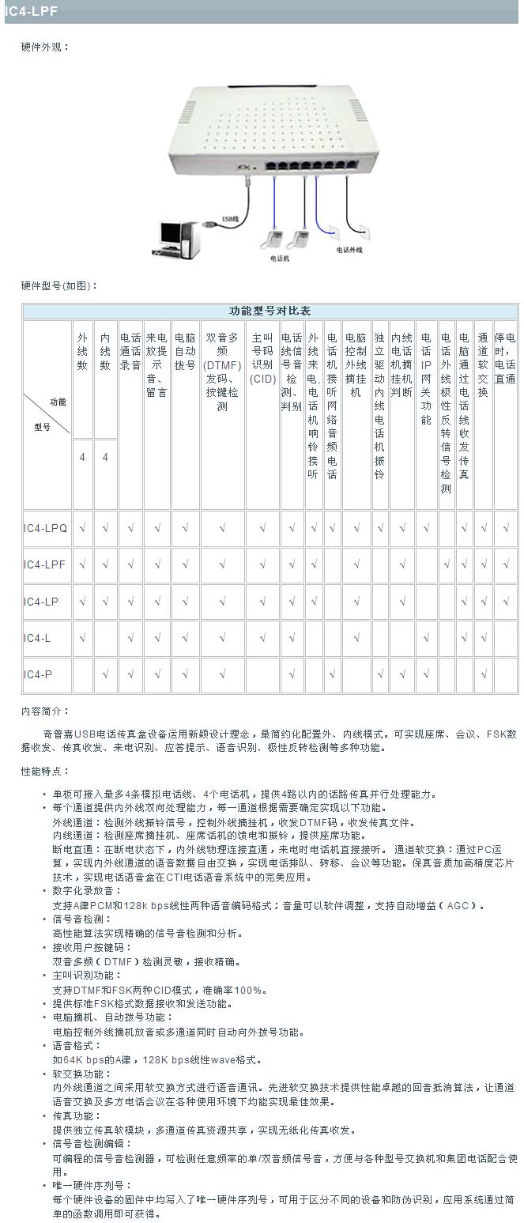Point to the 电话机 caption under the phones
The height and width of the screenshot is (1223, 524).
click(x=280, y=258)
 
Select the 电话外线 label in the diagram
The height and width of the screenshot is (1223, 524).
click(x=349, y=249)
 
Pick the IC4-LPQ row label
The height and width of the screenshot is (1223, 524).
click(x=46, y=527)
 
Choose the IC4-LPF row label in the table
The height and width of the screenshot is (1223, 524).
click(x=45, y=564)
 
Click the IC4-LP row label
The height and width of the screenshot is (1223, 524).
click(x=41, y=602)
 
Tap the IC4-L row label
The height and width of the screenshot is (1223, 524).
click(x=37, y=638)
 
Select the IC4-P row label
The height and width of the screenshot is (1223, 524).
click(x=37, y=674)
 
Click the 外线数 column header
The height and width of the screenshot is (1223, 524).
click(x=82, y=351)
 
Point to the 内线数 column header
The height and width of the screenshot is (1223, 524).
click(x=105, y=351)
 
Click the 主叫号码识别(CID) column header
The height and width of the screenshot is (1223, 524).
click(x=262, y=357)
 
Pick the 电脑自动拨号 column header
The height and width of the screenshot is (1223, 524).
click(x=185, y=351)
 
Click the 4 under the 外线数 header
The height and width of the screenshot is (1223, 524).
click(x=82, y=457)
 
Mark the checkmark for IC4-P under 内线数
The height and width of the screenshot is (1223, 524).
click(x=105, y=674)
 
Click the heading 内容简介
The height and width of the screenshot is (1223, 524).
click(x=45, y=712)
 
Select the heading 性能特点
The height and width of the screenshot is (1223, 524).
click(x=45, y=770)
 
